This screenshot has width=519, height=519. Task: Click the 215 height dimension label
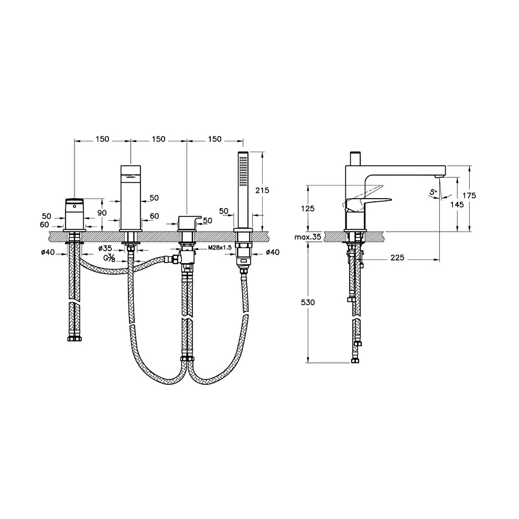click(x=262, y=190)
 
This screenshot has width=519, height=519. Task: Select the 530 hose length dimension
click(x=308, y=302)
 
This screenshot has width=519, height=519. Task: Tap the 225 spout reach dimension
click(x=397, y=257)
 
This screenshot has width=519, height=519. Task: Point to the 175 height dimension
click(x=469, y=196)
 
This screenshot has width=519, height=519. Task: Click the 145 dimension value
click(x=457, y=204)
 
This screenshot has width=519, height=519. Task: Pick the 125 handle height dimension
click(x=308, y=209)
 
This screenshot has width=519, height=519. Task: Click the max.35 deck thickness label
click(x=308, y=237)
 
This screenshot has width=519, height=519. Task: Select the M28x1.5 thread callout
click(x=220, y=247)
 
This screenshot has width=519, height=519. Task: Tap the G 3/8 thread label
click(x=110, y=257)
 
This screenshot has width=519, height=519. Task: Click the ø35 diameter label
click(x=105, y=248)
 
